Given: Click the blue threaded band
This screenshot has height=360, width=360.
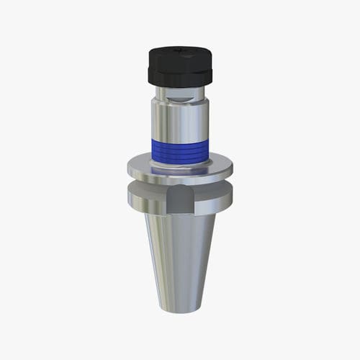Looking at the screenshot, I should point(179,151).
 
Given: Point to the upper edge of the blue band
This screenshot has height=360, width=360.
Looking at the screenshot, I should point(179,140).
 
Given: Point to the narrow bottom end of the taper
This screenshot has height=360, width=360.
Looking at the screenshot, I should point(179,308).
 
